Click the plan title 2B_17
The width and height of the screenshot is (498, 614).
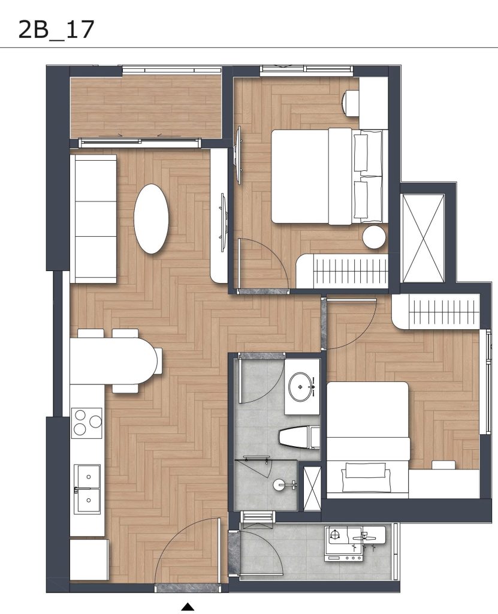(56, 30)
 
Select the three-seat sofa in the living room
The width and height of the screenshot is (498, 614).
(93, 218)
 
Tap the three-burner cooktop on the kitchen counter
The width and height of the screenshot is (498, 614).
(86, 423)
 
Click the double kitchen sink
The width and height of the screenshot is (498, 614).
(87, 489)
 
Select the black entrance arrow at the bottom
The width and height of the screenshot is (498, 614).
(188, 607)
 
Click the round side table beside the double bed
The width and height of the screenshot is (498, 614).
(374, 237)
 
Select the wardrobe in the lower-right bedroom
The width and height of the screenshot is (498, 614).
(436, 312)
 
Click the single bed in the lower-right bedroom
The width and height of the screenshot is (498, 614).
(368, 440)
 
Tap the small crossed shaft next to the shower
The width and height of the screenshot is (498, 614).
(312, 487)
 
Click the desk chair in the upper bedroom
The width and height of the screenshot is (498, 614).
(351, 103)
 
